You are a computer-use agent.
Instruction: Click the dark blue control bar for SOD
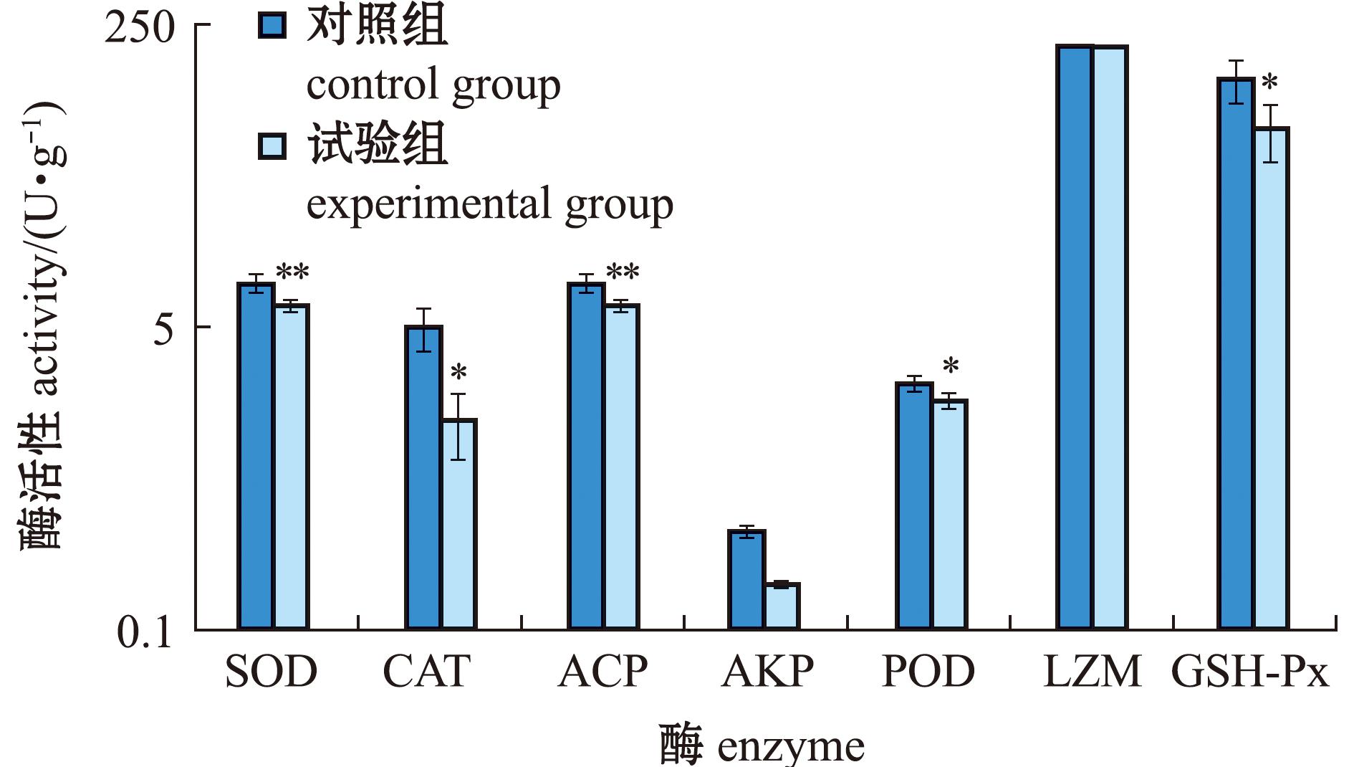coord(256,457)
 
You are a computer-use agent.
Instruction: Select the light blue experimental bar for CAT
coord(458,525)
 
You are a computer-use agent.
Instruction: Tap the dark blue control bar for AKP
coord(746,580)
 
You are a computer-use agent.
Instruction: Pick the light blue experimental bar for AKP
coord(782,606)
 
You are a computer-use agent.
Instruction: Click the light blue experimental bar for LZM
coord(1110,338)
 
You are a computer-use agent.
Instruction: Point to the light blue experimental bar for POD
coord(949,515)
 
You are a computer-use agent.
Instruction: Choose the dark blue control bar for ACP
coord(586,457)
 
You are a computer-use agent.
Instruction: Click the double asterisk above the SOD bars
coord(292,272)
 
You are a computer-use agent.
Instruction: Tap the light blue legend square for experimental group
coord(272,146)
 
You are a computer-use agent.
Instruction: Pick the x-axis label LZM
coord(1092,672)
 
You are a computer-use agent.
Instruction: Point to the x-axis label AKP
coord(767,672)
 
